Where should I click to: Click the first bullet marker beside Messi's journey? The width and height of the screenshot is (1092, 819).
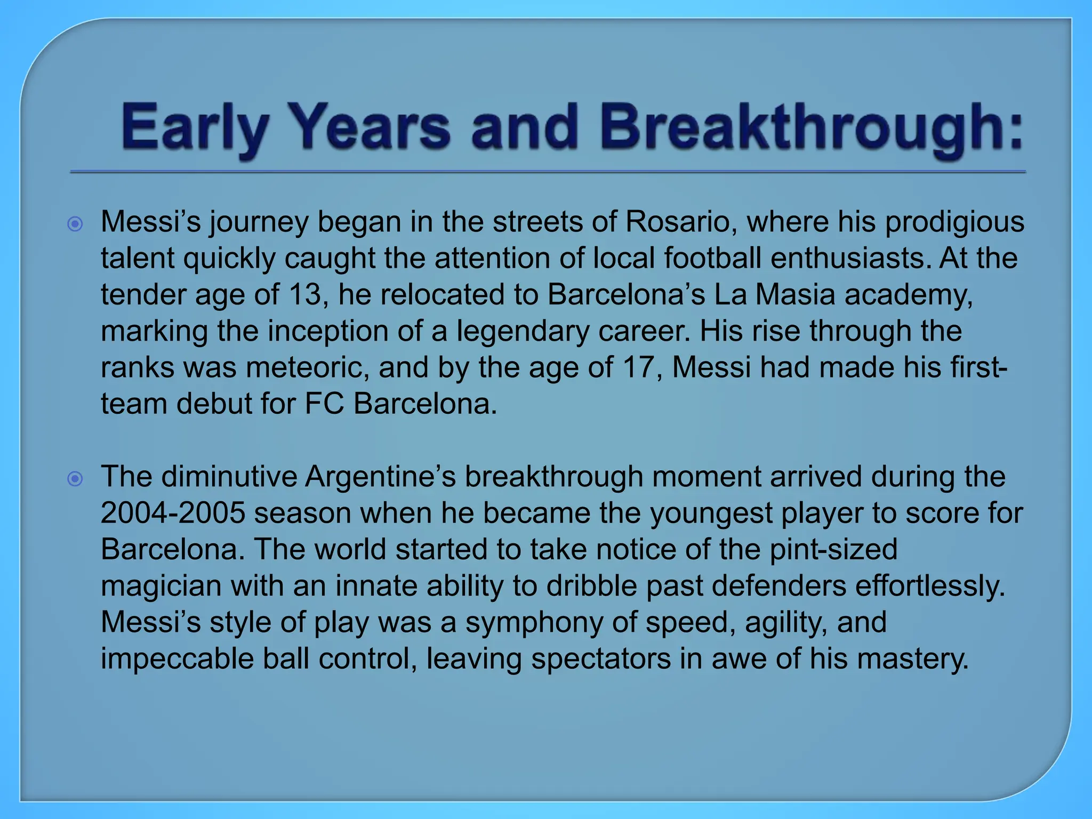pyautogui.click(x=76, y=224)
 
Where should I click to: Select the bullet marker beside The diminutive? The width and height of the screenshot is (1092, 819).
pyautogui.click(x=76, y=479)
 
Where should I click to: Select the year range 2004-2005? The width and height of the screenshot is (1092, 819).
pyautogui.click(x=172, y=513)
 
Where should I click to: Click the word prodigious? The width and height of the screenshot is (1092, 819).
pyautogui.click(x=954, y=222)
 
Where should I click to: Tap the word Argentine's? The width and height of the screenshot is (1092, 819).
pyautogui.click(x=381, y=477)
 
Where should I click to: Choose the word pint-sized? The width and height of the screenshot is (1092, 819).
pyautogui.click(x=833, y=549)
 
